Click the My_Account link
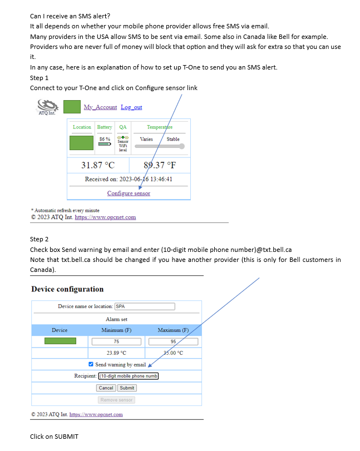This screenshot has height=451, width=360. pos(100,107)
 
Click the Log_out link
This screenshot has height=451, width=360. pos(131,107)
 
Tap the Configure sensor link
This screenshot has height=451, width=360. pos(129,194)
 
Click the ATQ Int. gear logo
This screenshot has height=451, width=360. pos(47,106)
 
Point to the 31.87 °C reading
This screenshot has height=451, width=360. pos(98,165)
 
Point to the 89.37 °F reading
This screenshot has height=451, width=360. pos(160,165)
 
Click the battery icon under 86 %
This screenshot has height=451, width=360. pos(105,143)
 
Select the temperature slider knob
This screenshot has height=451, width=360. pos(181,146)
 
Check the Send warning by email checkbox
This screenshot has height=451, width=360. pos(91,364)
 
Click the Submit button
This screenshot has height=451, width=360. pos(127,388)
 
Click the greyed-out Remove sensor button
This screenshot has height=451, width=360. pos(116,399)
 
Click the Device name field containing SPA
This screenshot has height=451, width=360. pos(144,306)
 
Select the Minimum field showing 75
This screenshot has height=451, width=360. pos(116,341)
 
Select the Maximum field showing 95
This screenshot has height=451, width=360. pos(173,341)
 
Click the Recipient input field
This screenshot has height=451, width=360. pos(125,376)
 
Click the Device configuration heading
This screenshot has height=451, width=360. pos(67,289)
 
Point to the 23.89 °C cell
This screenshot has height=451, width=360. pos(116,353)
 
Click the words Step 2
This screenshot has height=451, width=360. pos(40,239)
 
